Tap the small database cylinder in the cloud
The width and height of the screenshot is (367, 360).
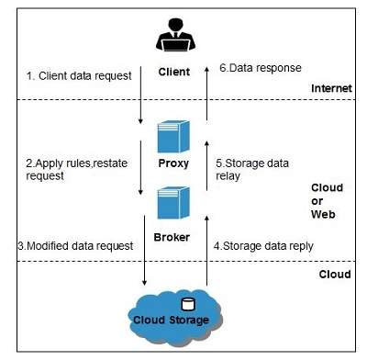[191, 305]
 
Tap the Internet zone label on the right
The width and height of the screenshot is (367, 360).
[331, 88]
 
